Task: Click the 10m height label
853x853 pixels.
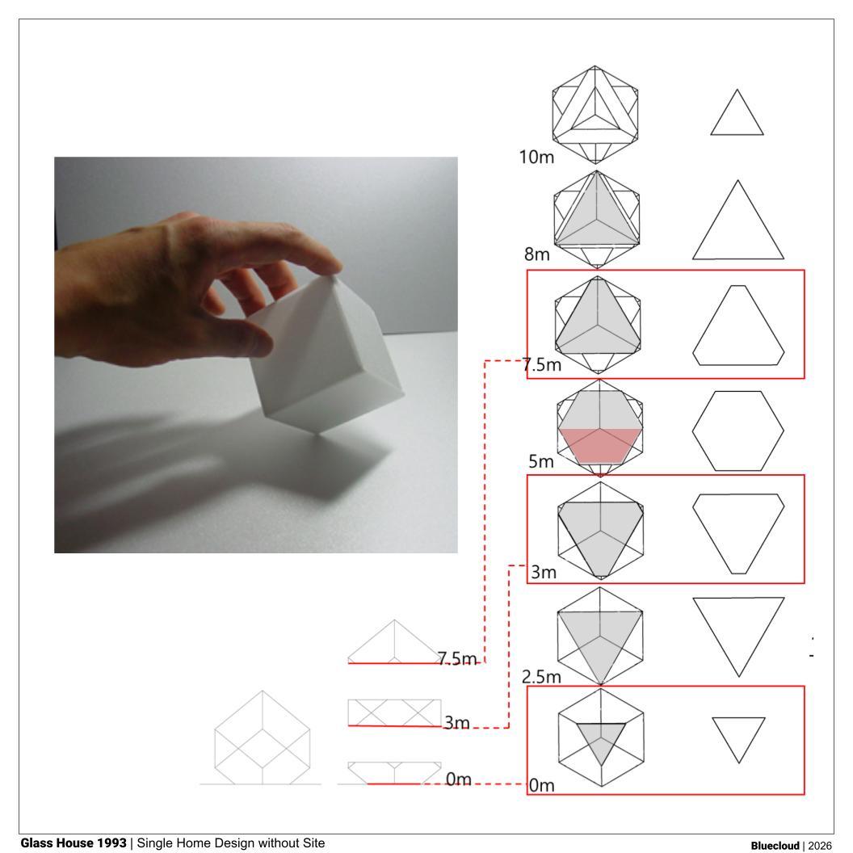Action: coord(536,158)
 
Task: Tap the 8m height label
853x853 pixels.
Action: coord(537,254)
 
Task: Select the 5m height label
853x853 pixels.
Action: coord(540,461)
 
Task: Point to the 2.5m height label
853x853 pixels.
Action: coord(541,677)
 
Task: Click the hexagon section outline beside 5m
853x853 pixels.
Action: coord(692,431)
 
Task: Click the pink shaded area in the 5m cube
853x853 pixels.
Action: coord(599,446)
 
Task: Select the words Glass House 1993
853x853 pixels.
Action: coord(74,842)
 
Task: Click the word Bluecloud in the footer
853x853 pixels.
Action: coord(775,846)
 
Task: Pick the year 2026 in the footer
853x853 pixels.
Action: coord(820,846)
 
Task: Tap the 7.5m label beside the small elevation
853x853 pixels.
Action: coord(457,659)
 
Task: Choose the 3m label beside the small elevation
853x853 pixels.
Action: coord(456,722)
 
